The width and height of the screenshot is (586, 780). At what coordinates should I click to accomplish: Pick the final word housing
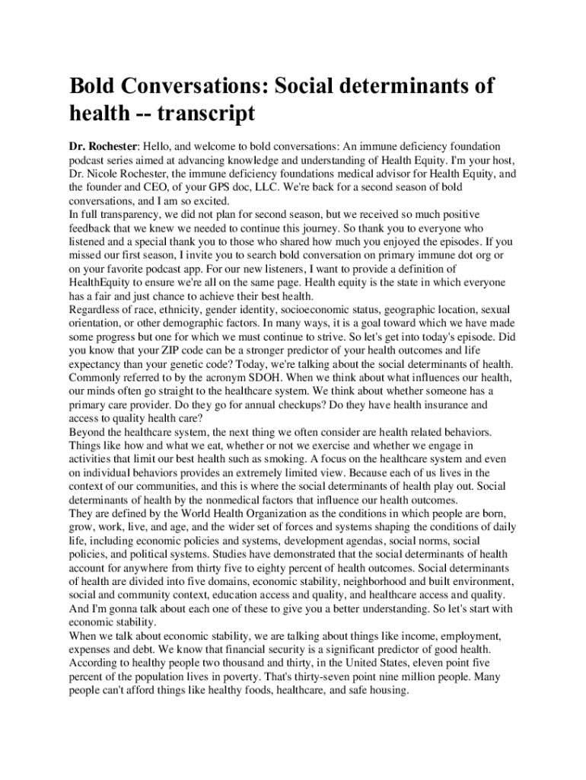pos(388,691)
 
